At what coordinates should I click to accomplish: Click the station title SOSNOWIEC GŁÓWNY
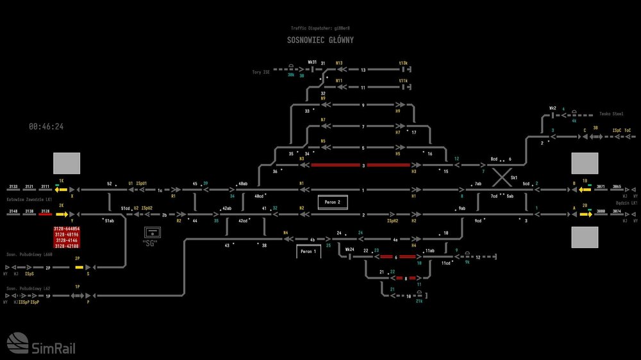tap(320, 40)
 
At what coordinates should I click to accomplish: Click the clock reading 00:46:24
tap(46, 127)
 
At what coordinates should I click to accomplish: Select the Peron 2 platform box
tap(333, 202)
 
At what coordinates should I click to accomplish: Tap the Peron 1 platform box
tap(308, 252)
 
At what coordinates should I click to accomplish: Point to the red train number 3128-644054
tap(67, 229)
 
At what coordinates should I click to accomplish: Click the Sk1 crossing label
tap(513, 177)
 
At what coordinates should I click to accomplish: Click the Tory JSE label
tap(262, 72)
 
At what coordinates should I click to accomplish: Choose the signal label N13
tap(339, 63)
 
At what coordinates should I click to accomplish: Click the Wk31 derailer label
tap(312, 63)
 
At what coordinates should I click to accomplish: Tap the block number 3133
tap(13, 186)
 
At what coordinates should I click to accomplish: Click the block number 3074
tap(616, 210)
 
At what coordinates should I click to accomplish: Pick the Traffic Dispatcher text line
tap(320, 29)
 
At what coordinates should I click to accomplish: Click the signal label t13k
tap(403, 63)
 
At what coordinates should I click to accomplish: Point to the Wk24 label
tap(349, 249)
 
